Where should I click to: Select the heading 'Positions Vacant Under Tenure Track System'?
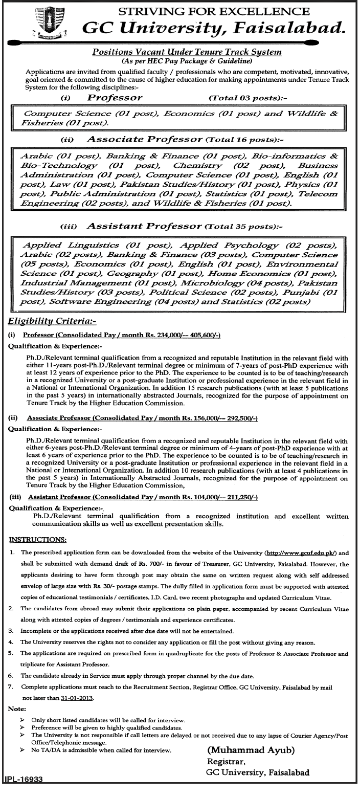tap(188, 52)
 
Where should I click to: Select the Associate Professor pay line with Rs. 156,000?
tap(141, 418)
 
